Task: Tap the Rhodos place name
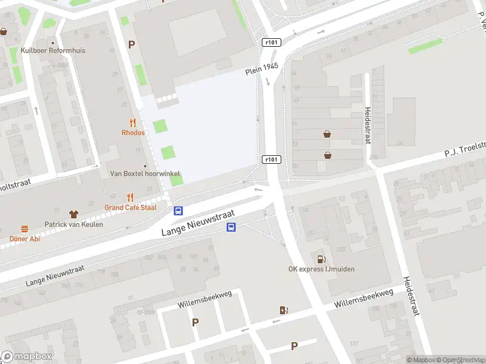(133, 132)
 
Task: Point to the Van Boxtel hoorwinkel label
(145, 174)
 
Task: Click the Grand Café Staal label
(130, 207)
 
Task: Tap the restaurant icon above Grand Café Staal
(130, 197)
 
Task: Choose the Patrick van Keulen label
(74, 224)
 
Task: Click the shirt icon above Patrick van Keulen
(74, 214)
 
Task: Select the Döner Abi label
(25, 238)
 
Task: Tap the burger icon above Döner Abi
(25, 229)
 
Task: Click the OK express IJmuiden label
(321, 269)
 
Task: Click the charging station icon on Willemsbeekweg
(284, 311)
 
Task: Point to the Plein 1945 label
(262, 69)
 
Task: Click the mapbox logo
(27, 357)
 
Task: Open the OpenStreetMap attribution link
(459, 360)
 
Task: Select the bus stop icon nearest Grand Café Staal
(179, 211)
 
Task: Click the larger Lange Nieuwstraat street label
(197, 223)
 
